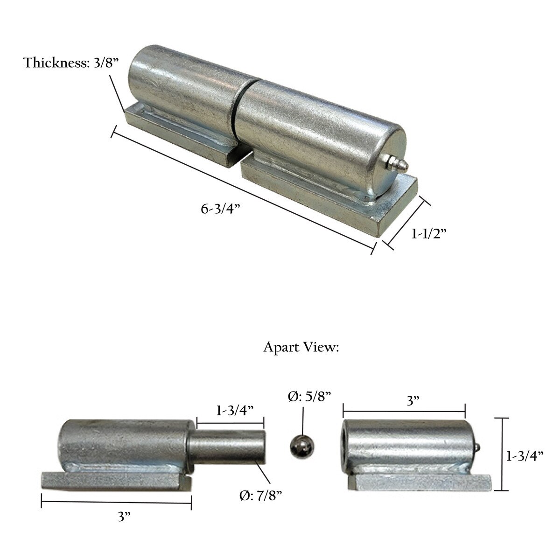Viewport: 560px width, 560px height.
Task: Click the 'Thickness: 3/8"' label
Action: click(71, 63)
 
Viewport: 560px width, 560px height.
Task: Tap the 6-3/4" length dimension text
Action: click(221, 209)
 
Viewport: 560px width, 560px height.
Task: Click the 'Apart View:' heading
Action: click(301, 347)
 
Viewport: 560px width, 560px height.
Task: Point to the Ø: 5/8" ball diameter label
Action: click(309, 396)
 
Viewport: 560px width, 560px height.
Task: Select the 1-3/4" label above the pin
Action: click(235, 410)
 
